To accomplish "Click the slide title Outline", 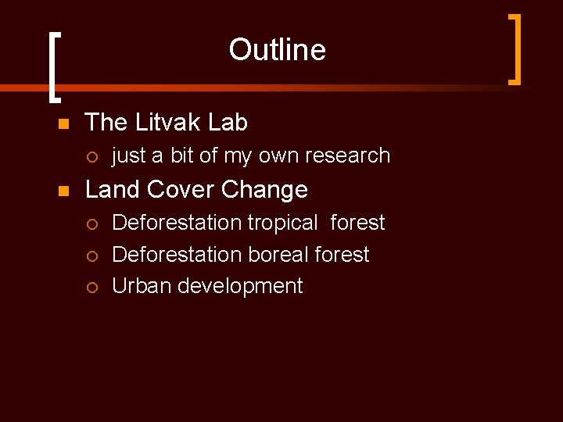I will point(277,50).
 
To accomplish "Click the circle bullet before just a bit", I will point(92,157).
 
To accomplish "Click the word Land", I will point(113,190).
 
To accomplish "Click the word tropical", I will point(282,224).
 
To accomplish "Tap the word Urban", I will point(142,286).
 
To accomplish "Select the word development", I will point(240,287).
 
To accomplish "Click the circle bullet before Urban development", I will point(92,288).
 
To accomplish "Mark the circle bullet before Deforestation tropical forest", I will point(92,224).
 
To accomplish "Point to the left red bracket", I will point(52,67).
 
